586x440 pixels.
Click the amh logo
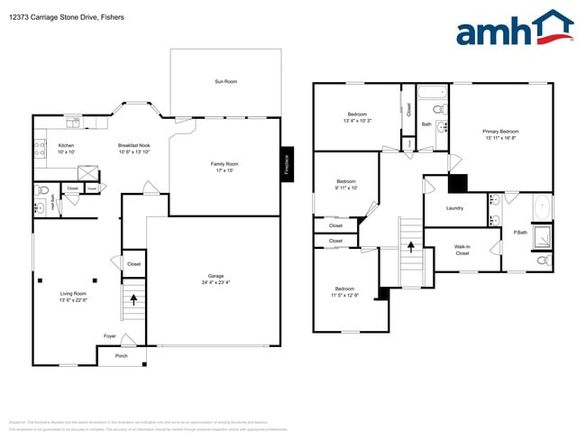(x=514, y=29)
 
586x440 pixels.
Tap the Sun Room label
(x=225, y=82)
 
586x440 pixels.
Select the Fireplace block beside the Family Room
(x=287, y=164)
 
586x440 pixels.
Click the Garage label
(x=215, y=276)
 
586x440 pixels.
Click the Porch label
(x=120, y=356)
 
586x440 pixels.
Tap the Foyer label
(x=109, y=336)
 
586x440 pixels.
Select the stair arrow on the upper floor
(x=411, y=245)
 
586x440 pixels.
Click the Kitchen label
(x=66, y=145)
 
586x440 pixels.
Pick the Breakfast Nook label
(x=133, y=145)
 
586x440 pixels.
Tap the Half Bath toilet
(x=41, y=190)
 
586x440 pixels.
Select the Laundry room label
(x=455, y=208)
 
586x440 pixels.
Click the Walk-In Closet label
(x=462, y=250)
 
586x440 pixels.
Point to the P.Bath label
(x=519, y=233)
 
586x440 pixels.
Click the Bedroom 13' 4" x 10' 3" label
(x=357, y=115)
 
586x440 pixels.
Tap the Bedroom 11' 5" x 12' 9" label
(x=343, y=290)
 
